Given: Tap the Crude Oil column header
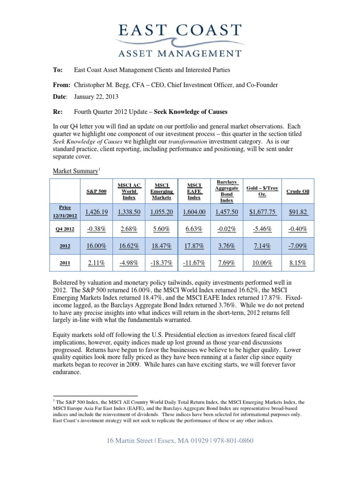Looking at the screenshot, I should [297, 191].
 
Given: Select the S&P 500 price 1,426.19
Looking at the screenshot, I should [96, 212].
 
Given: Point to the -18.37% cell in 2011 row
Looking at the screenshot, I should [161, 263].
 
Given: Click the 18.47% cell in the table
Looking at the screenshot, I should [161, 245].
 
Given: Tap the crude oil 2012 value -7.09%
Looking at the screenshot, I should [297, 245].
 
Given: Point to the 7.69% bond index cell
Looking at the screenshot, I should [226, 263].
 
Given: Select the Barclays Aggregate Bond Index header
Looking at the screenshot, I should [226, 191].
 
